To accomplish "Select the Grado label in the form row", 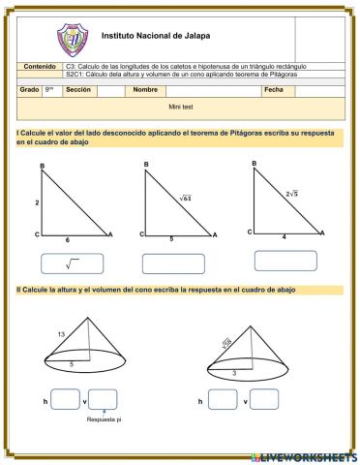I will click(x=29, y=89).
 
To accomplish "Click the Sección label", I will click(x=78, y=89).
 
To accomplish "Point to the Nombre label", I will click(x=145, y=89).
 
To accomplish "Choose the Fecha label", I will click(x=274, y=89).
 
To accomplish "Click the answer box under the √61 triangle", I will click(x=172, y=263).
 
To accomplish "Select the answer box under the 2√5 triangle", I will click(x=285, y=260).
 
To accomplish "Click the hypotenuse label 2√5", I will click(x=291, y=194).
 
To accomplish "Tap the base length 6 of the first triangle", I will click(x=67, y=239).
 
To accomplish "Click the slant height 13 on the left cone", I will click(x=61, y=334).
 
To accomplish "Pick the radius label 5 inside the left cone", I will click(x=70, y=363).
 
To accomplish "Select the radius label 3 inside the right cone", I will click(x=233, y=372).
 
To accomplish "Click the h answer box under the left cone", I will click(x=66, y=399).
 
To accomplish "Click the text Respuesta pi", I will click(x=105, y=420).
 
